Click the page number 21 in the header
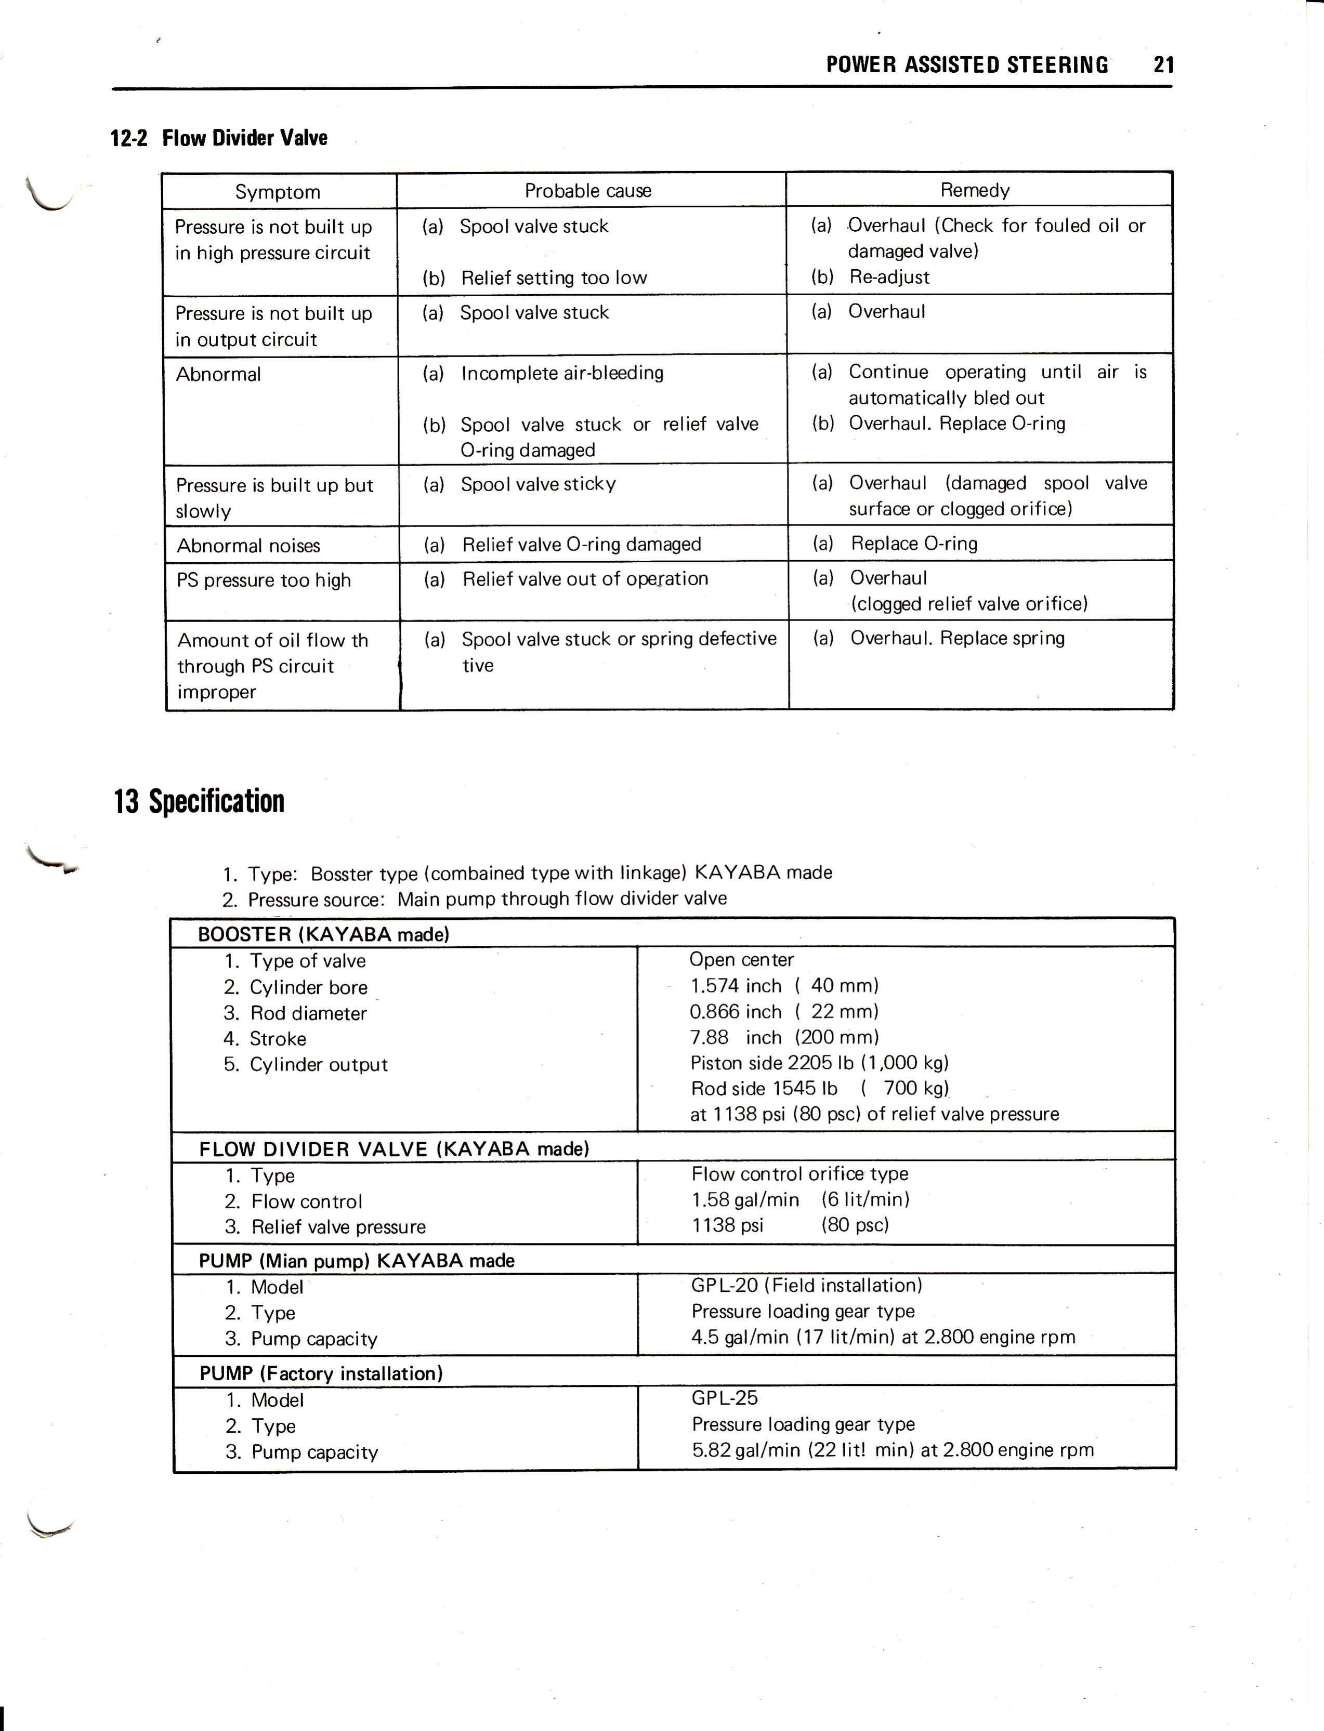click(x=1163, y=64)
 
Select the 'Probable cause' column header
click(x=588, y=191)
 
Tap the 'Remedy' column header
click(x=974, y=190)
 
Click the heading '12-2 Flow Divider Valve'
click(x=219, y=138)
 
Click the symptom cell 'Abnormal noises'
click(x=248, y=545)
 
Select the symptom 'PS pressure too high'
click(x=263, y=580)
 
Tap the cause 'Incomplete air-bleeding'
click(x=562, y=373)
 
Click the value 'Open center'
click(x=741, y=960)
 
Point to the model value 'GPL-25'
click(x=724, y=1398)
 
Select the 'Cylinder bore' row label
click(x=308, y=987)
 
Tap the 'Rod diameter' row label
click(x=308, y=1013)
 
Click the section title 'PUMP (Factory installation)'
click(x=321, y=1373)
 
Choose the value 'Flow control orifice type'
click(x=799, y=1174)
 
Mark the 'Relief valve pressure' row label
click(x=338, y=1227)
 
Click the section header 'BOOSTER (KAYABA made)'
click(x=323, y=934)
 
